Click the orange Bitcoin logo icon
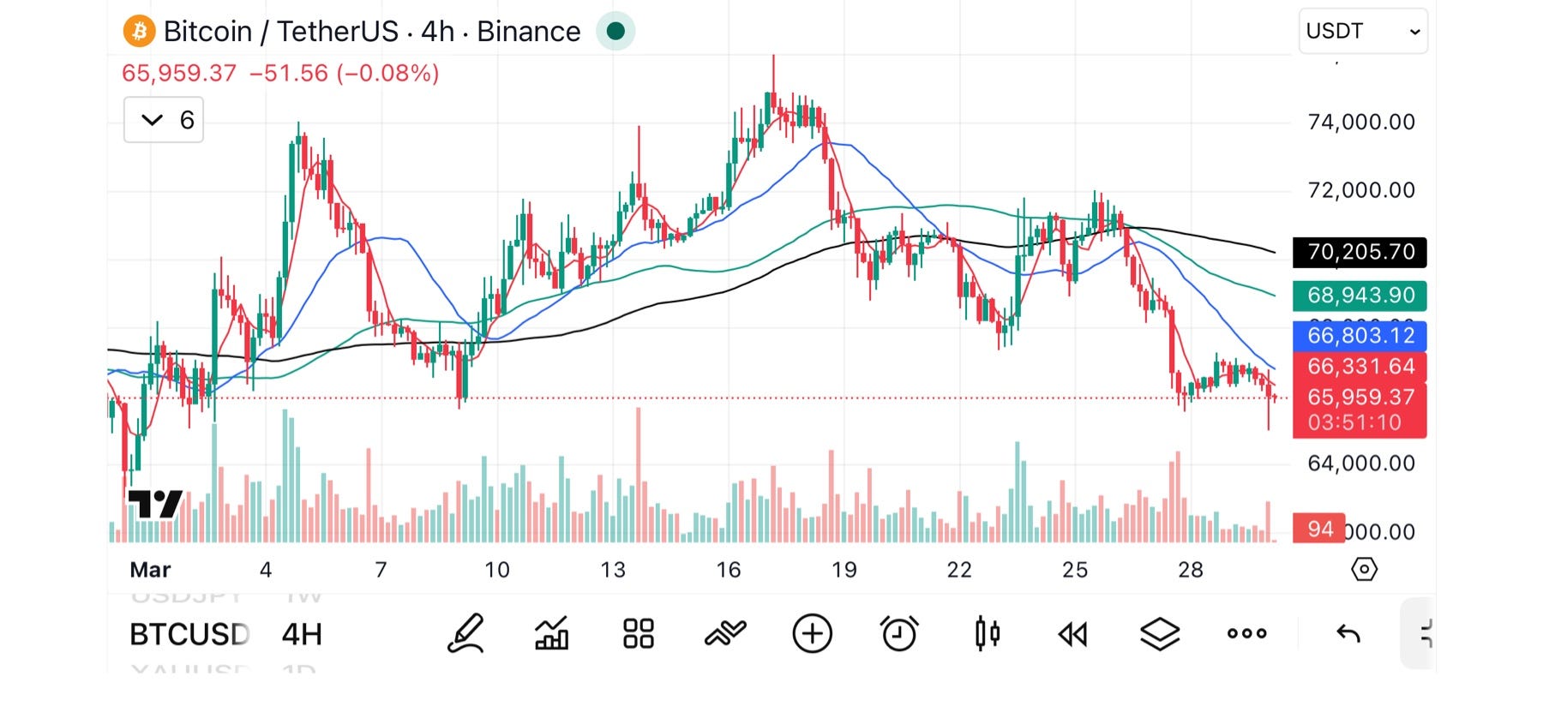pos(139,32)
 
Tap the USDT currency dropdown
pos(1362,32)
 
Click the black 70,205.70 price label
pos(1360,252)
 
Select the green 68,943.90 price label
pos(1360,296)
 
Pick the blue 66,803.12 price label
pos(1360,336)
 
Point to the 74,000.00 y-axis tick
pos(1360,123)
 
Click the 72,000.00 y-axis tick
pos(1360,190)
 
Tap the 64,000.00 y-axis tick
pos(1360,464)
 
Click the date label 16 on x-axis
pos(728,570)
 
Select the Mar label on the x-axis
pos(150,570)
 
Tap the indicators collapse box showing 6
pos(164,120)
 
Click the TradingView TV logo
pos(155,504)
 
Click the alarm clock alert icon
pos(899,634)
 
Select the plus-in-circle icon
pos(812,634)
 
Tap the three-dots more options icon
pos(1246,634)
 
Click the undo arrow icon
pos(1348,634)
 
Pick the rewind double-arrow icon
pos(1072,634)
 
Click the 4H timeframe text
pos(302,635)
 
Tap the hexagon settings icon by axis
pos(1364,569)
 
